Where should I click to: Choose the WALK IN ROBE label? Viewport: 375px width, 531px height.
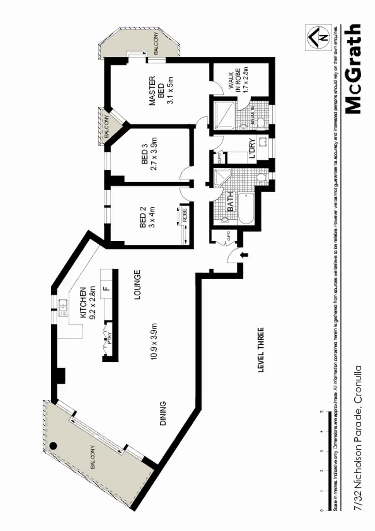pos(235,79)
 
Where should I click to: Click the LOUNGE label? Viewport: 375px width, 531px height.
pos(137,285)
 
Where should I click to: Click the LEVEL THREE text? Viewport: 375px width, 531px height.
pos(260,350)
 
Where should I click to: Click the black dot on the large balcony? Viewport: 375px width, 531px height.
pos(54,446)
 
